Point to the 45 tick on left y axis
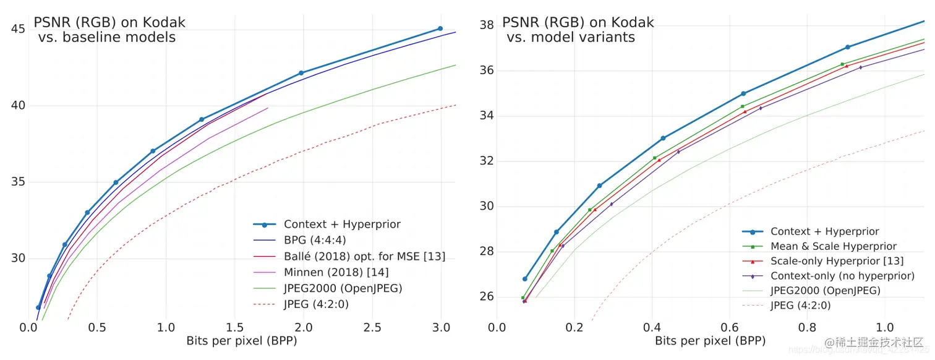[x=19, y=29]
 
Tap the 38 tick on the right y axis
[x=486, y=25]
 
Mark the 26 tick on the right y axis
[x=486, y=297]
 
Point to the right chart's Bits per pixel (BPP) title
[x=711, y=340]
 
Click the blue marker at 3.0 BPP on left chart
[x=440, y=28]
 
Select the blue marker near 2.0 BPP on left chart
[x=301, y=73]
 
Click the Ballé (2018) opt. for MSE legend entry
[x=364, y=256]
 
